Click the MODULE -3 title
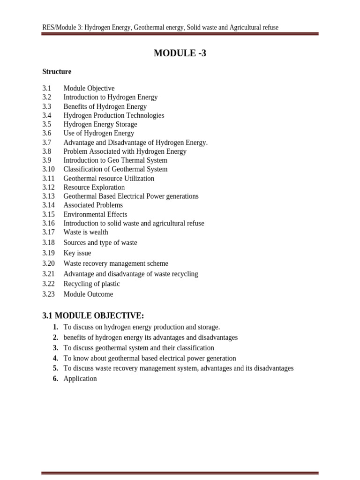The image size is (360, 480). pyautogui.click(x=180, y=53)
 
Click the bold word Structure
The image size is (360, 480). pyautogui.click(x=57, y=72)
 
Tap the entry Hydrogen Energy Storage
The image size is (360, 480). pyautogui.click(x=100, y=124)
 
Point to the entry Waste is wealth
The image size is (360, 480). pyautogui.click(x=86, y=232)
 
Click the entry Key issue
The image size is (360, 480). pyautogui.click(x=77, y=253)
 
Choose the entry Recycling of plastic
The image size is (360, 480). pyautogui.click(x=91, y=284)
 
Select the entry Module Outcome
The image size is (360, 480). pyautogui.click(x=88, y=294)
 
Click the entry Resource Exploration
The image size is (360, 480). pyautogui.click(x=94, y=187)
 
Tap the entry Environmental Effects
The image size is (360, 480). pyautogui.click(x=95, y=214)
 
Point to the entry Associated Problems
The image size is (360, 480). pyautogui.click(x=93, y=205)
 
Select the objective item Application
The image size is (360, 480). pyautogui.click(x=80, y=379)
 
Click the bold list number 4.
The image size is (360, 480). pyautogui.click(x=55, y=358)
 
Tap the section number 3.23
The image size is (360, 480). pyautogui.click(x=49, y=294)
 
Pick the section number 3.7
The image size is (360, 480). pyautogui.click(x=46, y=142)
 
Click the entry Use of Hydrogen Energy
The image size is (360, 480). pyautogui.click(x=99, y=133)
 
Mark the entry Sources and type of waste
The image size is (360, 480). pyautogui.click(x=100, y=243)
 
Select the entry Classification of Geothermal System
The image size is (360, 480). pyautogui.click(x=115, y=169)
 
